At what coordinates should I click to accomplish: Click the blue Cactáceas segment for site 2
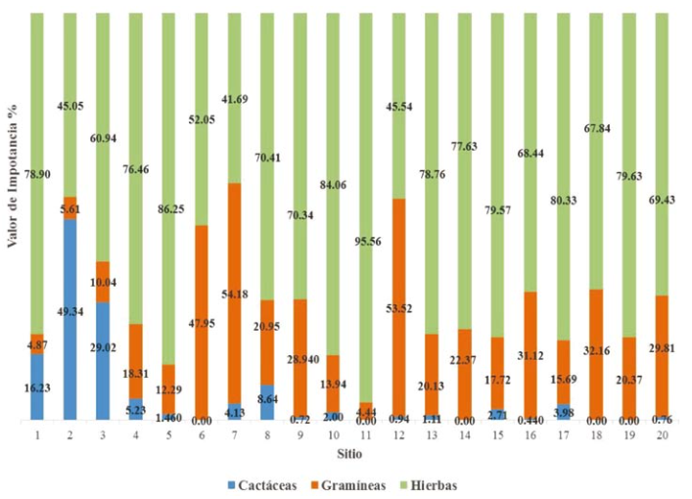tap(69, 319)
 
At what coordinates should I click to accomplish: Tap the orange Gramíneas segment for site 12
tap(398, 307)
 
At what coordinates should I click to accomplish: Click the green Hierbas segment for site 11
tap(366, 205)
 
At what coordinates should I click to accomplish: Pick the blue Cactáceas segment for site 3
tap(103, 360)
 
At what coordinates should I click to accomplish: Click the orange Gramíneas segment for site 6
tap(202, 322)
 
